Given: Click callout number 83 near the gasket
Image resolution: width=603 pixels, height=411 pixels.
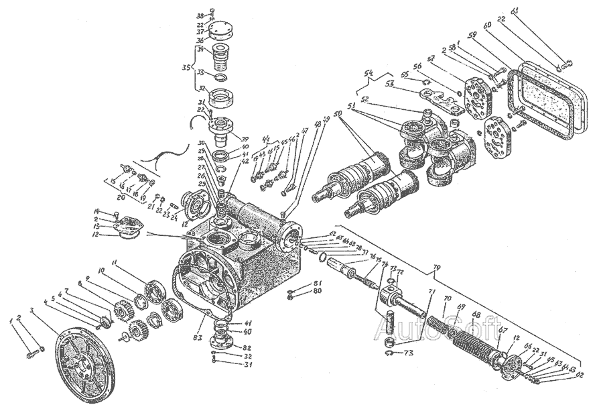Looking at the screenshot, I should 198,326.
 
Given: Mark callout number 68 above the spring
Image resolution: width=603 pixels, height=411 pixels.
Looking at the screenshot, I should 476,314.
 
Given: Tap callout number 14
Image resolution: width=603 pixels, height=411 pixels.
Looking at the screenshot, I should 96,212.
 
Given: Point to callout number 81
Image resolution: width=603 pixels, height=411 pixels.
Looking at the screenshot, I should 319,283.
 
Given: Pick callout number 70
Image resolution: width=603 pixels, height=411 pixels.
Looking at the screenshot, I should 447,297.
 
